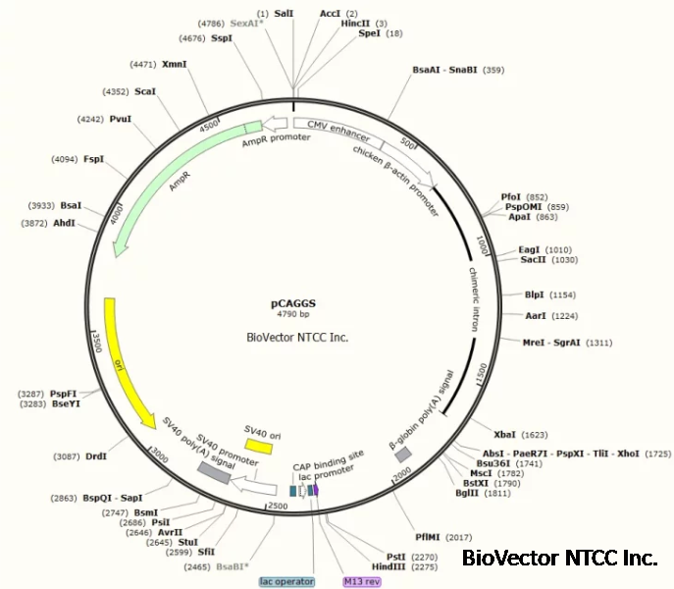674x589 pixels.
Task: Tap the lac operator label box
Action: (286, 581)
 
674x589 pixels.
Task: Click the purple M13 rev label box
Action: (360, 581)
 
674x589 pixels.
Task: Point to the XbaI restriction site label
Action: (505, 433)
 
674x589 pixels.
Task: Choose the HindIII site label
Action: (389, 565)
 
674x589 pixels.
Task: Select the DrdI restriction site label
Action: (96, 455)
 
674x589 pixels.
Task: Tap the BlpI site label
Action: (534, 294)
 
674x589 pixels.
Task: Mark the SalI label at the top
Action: (284, 15)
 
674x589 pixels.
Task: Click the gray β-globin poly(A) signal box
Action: (402, 455)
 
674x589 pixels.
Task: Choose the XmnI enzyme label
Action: (175, 64)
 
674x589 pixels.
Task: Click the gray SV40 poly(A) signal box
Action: (214, 472)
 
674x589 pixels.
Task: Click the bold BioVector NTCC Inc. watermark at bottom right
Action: (559, 559)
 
